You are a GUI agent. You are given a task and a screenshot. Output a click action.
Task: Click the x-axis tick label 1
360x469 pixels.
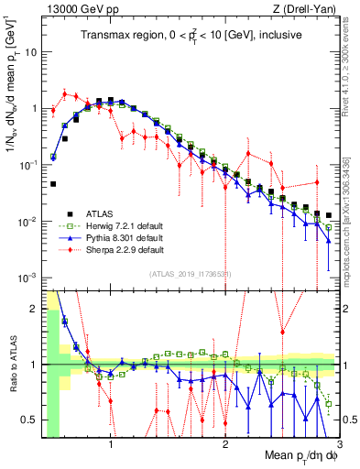[111, 446]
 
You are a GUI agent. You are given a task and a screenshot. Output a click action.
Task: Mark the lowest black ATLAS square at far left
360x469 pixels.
[54, 184]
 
